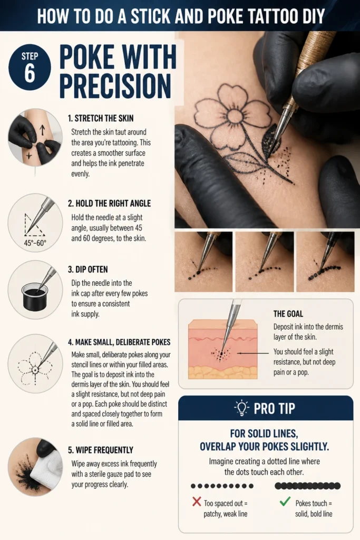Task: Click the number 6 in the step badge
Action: [x=30, y=73]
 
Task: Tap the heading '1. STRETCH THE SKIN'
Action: [x=101, y=118]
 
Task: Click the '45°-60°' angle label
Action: [x=35, y=243]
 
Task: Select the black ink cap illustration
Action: [x=34, y=296]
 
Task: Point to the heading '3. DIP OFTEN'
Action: [x=88, y=269]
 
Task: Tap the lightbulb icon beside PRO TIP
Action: [x=241, y=408]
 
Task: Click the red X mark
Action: [x=197, y=502]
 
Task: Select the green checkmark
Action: [x=285, y=502]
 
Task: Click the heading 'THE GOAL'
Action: [x=288, y=314]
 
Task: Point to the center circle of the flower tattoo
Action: [x=236, y=114]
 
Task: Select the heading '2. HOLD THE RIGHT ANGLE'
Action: [x=109, y=203]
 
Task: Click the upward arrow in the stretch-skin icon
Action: [x=42, y=130]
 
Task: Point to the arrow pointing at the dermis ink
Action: [x=252, y=353]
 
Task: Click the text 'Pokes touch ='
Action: [x=314, y=503]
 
